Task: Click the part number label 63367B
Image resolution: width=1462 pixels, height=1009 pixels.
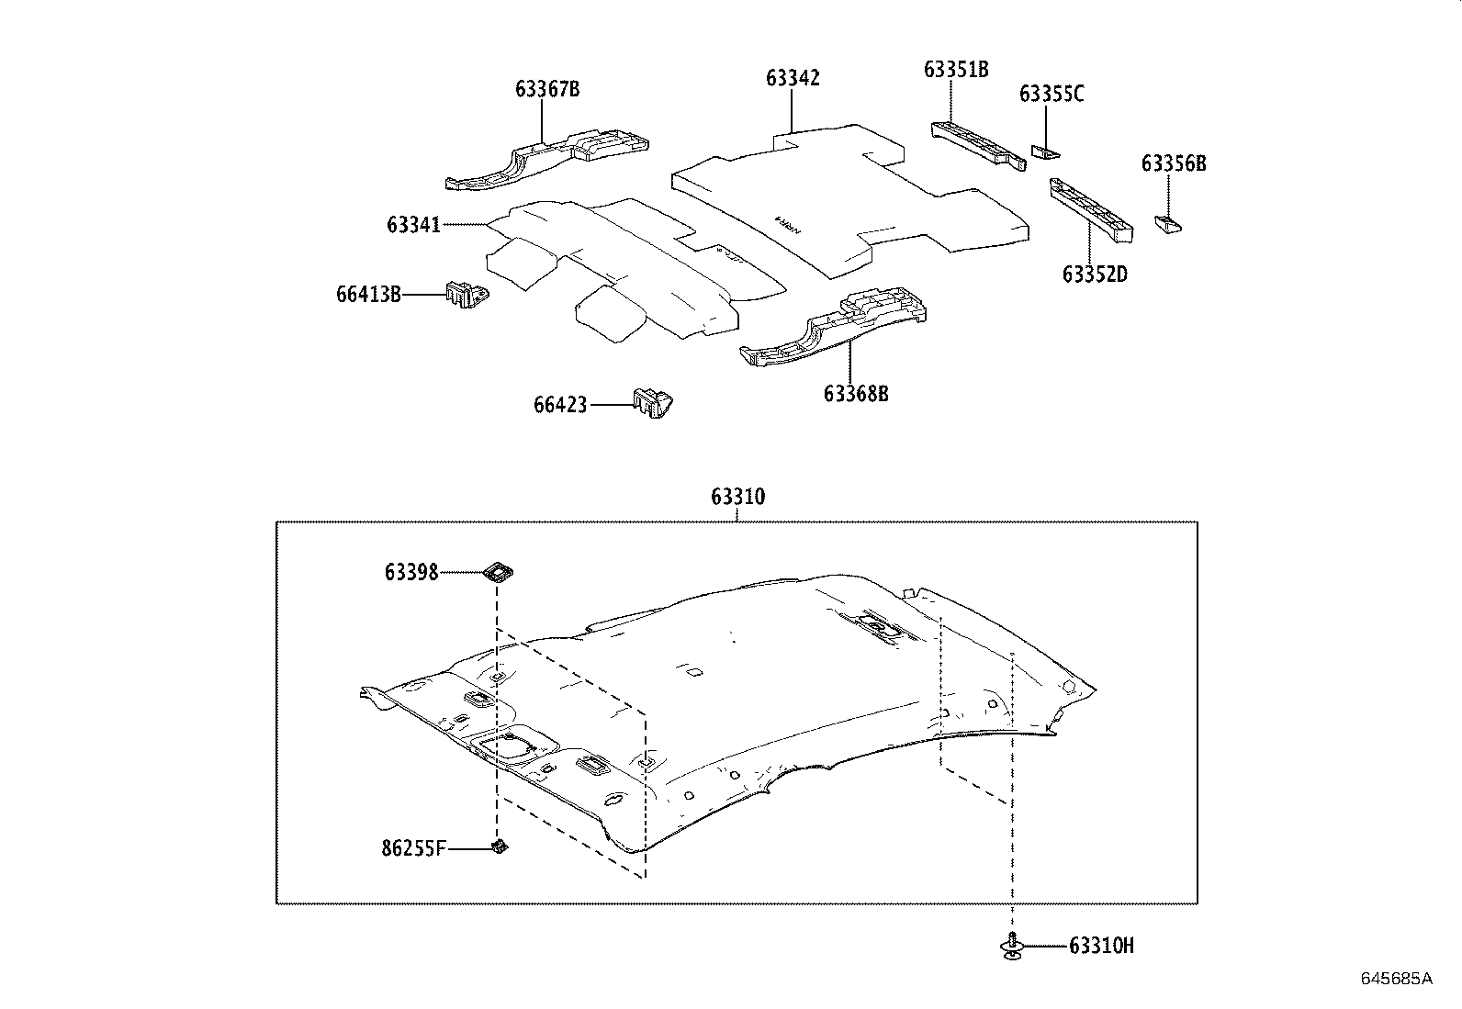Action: pyautogui.click(x=547, y=89)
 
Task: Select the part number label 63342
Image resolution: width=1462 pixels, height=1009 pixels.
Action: pyautogui.click(x=793, y=78)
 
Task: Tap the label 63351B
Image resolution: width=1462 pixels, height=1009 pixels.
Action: pyautogui.click(x=956, y=70)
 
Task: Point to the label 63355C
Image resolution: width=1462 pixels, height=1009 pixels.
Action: pyautogui.click(x=1052, y=94)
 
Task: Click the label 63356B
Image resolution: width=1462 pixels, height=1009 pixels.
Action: pyautogui.click(x=1174, y=164)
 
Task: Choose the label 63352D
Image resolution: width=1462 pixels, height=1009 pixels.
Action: pyautogui.click(x=1095, y=274)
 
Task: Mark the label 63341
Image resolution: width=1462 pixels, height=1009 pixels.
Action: pyautogui.click(x=413, y=225)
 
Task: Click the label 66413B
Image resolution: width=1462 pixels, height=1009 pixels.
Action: pyautogui.click(x=368, y=295)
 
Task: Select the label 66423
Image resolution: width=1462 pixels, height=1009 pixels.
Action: pyautogui.click(x=560, y=405)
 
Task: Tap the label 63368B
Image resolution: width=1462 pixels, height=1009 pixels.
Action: pyautogui.click(x=856, y=394)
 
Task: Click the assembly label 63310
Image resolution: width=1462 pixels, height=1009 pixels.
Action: pyautogui.click(x=737, y=498)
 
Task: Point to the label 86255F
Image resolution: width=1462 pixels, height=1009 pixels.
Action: pyautogui.click(x=413, y=848)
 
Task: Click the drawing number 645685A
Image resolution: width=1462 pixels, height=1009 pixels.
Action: pyautogui.click(x=1396, y=979)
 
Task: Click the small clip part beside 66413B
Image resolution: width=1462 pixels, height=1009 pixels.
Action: pyautogui.click(x=467, y=295)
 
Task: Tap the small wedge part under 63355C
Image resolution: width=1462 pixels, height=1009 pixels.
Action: pyautogui.click(x=1045, y=151)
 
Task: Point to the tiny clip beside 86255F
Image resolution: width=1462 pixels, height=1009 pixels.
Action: pyautogui.click(x=499, y=846)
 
